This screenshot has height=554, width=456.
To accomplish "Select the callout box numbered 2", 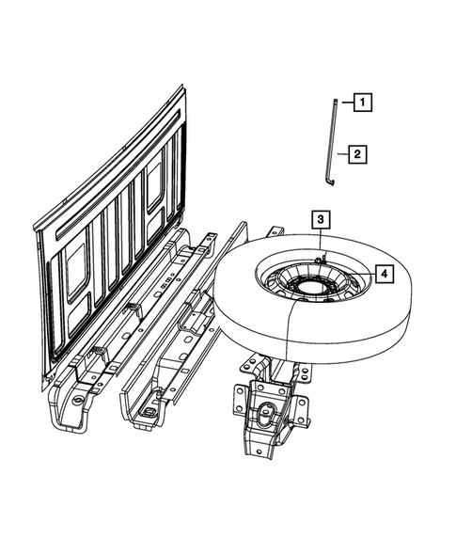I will click(356, 152).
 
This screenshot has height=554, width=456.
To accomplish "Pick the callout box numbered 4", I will click(384, 273).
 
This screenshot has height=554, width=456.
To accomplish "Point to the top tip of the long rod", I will click(335, 97).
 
